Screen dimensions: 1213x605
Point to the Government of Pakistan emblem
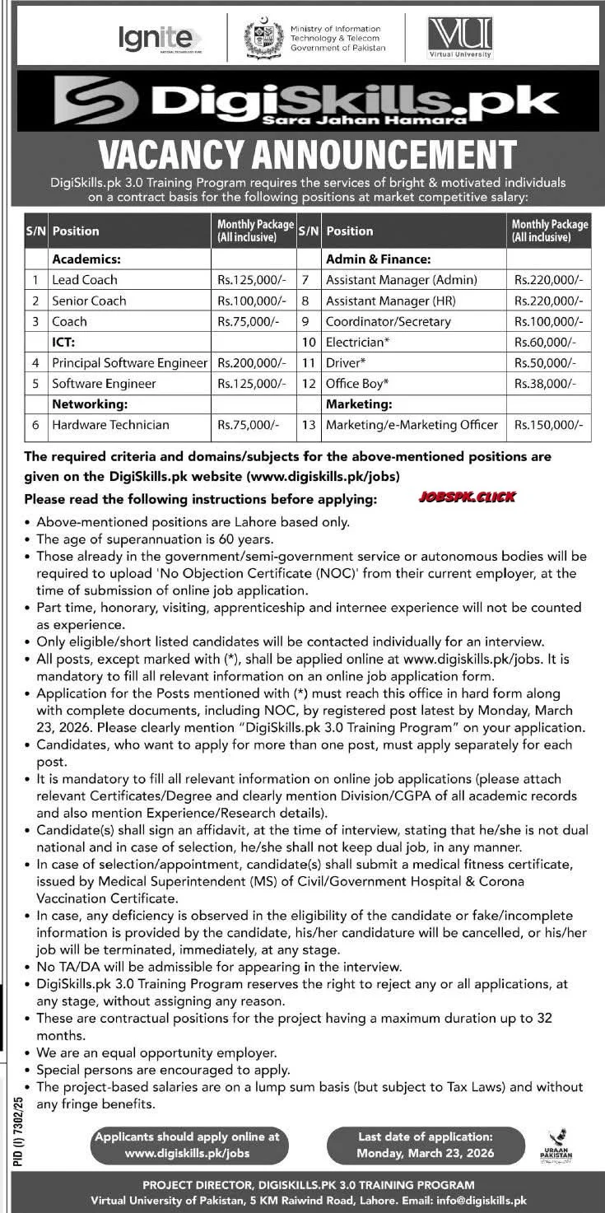(x=263, y=38)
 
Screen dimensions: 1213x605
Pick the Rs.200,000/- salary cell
(x=251, y=362)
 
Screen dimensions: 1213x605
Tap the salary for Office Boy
(x=546, y=384)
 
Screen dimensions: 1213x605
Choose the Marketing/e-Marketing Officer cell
(x=412, y=425)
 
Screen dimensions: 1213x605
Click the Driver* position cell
(x=346, y=362)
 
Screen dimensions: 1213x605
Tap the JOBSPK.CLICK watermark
(x=467, y=497)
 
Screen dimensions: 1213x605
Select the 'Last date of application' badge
(x=426, y=1145)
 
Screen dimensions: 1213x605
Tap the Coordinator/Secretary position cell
(x=388, y=321)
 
